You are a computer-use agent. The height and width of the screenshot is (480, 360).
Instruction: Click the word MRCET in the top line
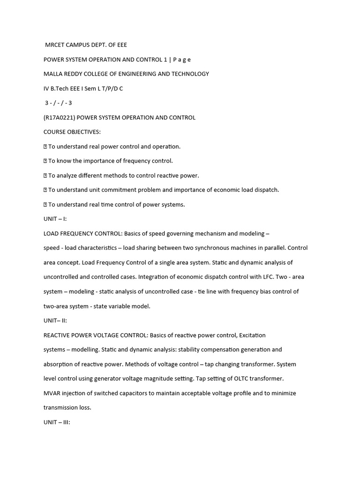coord(55,45)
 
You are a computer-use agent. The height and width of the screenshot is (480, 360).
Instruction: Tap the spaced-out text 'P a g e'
coord(182,60)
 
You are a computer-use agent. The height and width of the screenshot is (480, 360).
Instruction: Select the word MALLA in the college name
coord(53,74)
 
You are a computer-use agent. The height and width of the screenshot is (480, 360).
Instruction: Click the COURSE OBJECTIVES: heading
coord(72,132)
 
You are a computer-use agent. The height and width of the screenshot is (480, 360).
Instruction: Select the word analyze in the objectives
coord(67,175)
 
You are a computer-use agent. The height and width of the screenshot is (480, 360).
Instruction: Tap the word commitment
coord(111,190)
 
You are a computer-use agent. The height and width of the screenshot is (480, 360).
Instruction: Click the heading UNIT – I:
coord(55,219)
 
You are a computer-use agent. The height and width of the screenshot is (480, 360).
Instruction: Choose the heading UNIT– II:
coord(55,321)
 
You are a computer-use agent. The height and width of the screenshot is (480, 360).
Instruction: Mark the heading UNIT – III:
coord(57,422)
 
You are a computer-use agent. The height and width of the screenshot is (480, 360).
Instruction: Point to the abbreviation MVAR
coord(52,393)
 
